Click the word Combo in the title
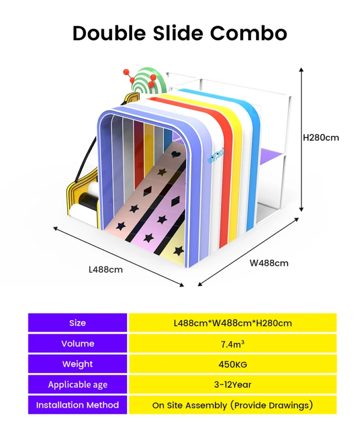248,33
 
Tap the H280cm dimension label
321,138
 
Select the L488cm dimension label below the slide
106,269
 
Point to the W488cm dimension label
269,263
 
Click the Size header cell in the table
78,323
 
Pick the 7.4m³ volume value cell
233,344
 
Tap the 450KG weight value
233,364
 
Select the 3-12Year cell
233,385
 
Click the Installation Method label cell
78,405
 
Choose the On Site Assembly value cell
233,405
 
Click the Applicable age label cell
78,385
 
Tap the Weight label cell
78,364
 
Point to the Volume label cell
78,344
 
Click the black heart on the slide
176,154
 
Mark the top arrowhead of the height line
301,69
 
